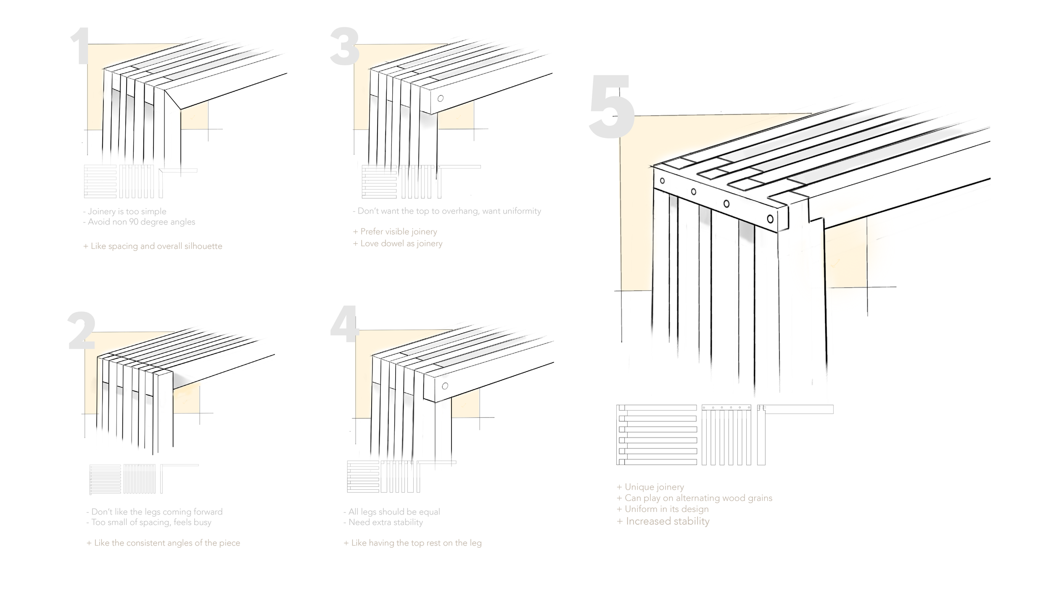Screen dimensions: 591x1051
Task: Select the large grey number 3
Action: [344, 47]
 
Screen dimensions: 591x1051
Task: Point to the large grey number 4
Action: [344, 324]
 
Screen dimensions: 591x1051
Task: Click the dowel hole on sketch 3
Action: [441, 98]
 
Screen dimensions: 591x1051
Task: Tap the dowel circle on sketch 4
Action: [445, 386]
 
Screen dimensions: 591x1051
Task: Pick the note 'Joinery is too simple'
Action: [125, 211]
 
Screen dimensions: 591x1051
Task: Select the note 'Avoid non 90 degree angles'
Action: [139, 222]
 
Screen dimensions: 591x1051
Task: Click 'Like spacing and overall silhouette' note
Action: [153, 246]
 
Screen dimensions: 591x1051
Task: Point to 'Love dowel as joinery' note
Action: [398, 243]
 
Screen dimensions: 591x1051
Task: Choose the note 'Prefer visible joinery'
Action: [395, 232]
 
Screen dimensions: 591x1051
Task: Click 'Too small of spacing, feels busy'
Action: [149, 522]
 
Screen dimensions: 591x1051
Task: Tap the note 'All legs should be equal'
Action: [392, 512]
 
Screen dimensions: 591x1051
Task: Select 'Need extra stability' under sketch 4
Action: [383, 522]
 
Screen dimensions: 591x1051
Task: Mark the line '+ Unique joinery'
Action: [650, 487]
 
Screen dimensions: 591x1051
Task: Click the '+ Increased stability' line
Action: [663, 522]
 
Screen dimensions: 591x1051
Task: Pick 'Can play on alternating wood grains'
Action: [695, 498]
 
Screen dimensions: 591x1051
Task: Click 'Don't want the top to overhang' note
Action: [447, 211]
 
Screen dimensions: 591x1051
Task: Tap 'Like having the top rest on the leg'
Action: [413, 543]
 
